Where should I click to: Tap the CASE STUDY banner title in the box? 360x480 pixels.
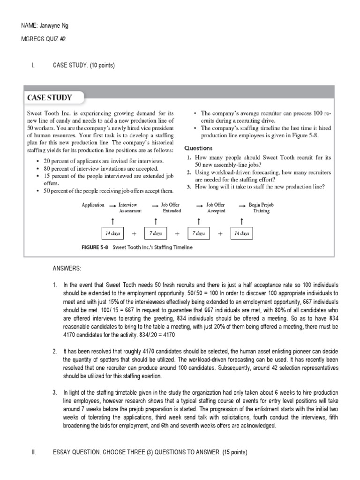[x=50, y=98]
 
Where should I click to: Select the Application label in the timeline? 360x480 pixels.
[x=93, y=205]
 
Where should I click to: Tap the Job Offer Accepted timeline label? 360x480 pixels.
[x=216, y=208]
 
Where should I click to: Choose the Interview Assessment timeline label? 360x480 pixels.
[x=130, y=208]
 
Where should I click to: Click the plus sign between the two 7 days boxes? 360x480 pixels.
[x=177, y=233]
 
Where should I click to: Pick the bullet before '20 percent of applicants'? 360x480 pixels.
[x=37, y=161]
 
